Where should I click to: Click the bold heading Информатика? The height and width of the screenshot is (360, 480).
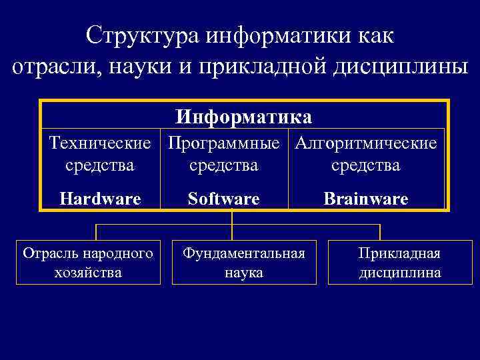(243, 117)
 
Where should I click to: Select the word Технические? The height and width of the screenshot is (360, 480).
(100, 143)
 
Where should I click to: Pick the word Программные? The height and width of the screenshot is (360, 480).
(223, 143)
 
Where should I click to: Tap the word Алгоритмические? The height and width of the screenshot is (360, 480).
(366, 143)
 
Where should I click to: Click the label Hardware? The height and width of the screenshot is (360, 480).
(100, 199)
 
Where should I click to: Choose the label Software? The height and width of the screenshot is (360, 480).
(223, 199)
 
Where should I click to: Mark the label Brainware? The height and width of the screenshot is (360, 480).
(366, 199)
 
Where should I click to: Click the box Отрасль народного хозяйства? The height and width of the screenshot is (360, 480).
(88, 263)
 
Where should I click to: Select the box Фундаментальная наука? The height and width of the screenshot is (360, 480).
(244, 263)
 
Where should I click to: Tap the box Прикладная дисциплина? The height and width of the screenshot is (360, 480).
(399, 263)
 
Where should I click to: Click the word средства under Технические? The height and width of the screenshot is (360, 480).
(100, 165)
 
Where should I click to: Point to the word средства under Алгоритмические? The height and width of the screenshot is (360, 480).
(366, 165)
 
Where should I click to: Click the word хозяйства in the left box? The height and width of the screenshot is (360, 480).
(88, 272)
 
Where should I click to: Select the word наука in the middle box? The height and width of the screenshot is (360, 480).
(244, 273)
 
